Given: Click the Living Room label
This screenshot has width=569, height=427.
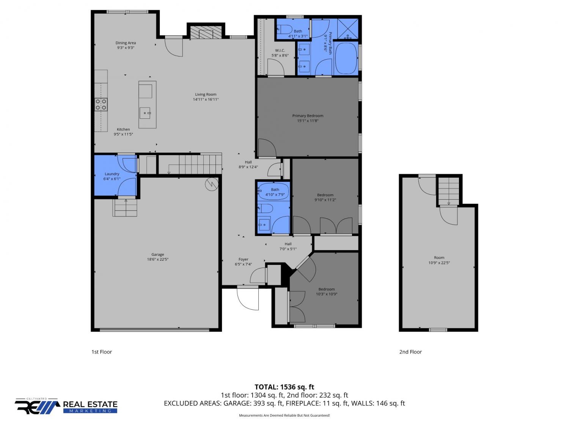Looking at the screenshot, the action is click(206, 95).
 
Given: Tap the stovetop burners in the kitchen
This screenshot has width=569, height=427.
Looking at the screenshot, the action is click(101, 104).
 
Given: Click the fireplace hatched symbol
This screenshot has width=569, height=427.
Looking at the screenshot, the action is click(206, 32).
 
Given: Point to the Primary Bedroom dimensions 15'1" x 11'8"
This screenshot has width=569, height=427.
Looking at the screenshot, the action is click(307, 121).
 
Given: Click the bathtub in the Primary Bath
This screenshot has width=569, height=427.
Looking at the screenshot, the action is click(346, 58).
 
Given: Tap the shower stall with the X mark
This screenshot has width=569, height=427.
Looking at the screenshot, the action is click(347, 29).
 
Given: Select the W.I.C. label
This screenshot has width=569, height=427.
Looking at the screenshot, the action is click(280, 50).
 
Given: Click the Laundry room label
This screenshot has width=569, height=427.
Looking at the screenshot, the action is click(112, 174).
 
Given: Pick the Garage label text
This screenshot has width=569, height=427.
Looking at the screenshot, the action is click(157, 254).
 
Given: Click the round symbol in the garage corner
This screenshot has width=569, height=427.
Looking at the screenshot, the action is click(212, 184).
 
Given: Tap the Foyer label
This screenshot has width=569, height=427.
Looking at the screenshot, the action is click(243, 259).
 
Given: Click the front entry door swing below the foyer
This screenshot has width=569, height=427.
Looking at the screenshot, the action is click(248, 299).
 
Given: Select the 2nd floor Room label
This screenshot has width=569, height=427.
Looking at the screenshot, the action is click(439, 257).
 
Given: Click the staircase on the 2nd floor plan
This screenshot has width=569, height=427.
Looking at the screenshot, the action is click(448, 191).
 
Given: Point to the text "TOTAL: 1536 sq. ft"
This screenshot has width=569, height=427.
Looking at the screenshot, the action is click(284, 387).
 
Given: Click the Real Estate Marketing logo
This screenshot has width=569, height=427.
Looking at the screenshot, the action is click(66, 406).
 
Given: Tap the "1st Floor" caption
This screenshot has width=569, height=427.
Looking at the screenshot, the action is click(102, 352).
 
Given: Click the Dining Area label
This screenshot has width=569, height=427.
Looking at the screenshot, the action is click(126, 43).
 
